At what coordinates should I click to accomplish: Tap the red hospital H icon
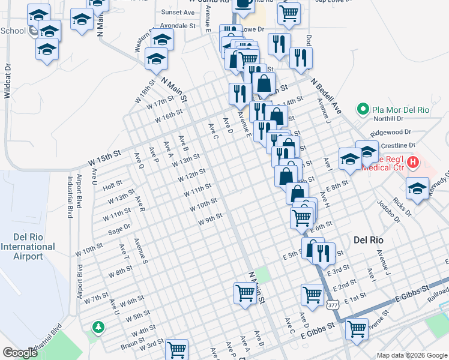[413, 162]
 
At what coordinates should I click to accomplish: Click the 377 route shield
[333, 305]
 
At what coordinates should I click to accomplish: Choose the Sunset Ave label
[178, 12]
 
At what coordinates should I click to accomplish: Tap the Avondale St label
[176, 26]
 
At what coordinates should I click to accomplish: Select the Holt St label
[112, 184]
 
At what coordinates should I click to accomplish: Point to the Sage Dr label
[119, 229]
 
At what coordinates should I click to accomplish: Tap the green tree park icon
[97, 327]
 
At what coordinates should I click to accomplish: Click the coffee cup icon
[243, 4]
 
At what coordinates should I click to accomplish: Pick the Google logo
[19, 353]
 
